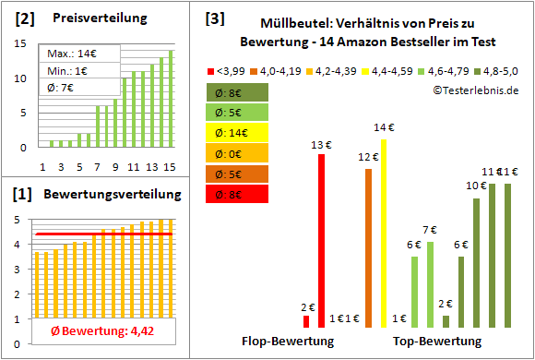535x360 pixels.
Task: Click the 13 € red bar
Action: [x=321, y=240]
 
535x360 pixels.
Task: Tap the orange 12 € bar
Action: [x=369, y=247]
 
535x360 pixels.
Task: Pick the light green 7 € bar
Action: [x=430, y=284]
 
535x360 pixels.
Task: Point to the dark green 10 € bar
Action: [x=476, y=262]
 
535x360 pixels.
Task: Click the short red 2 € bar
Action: [x=306, y=321]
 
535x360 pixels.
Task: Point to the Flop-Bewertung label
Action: [x=288, y=342]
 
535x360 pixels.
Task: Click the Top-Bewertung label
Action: [x=436, y=342]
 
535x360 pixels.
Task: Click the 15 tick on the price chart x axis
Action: [x=171, y=167]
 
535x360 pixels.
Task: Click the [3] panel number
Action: [x=215, y=18]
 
